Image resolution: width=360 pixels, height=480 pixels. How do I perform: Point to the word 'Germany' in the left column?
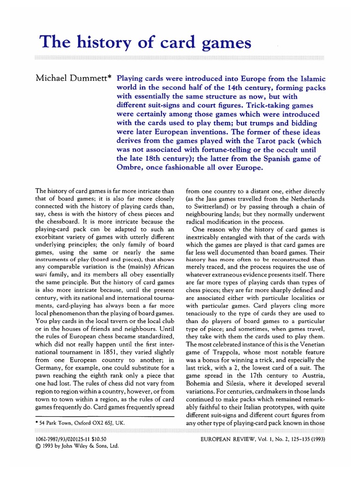click(50, 363)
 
